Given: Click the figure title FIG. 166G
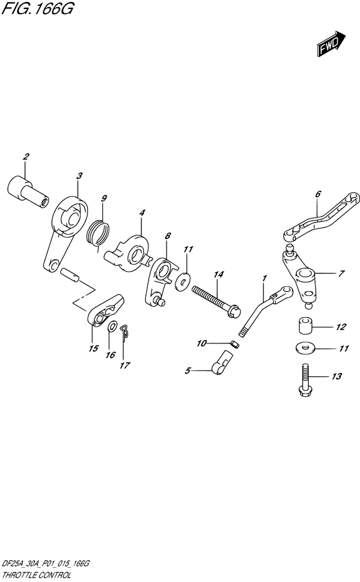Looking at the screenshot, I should click(32, 11).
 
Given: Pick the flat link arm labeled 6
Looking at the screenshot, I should click(319, 216).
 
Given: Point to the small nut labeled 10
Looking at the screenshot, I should click(235, 344).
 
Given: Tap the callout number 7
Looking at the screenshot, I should click(341, 273).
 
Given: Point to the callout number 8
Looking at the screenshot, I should click(167, 237).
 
